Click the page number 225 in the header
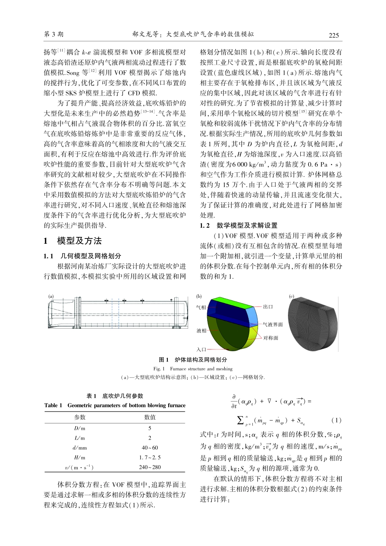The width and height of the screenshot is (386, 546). coord(334,35)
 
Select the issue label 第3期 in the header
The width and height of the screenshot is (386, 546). coord(54,35)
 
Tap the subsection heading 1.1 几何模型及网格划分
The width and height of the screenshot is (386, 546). coord(82,256)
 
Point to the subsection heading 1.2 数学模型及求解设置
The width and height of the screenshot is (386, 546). coord(239,225)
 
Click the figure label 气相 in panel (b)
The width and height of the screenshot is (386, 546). coord(201,308)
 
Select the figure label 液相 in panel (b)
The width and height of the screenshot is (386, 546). coord(201,331)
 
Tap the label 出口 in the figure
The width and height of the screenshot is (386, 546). coord(268,307)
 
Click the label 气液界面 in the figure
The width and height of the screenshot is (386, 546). coord(273,325)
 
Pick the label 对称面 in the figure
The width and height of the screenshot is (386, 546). coord(271,338)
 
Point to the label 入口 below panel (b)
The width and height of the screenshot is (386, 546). coord(201,349)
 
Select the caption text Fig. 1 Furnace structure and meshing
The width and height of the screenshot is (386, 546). coord(193,369)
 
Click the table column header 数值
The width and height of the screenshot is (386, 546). coord(150,417)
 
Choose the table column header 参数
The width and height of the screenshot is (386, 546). coord(80,417)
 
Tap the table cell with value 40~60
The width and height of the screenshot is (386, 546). coord(150,448)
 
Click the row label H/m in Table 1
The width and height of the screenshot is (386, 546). coord(80,457)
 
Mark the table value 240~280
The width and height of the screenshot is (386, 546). coord(150,467)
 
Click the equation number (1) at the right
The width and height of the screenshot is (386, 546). coord(336,420)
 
